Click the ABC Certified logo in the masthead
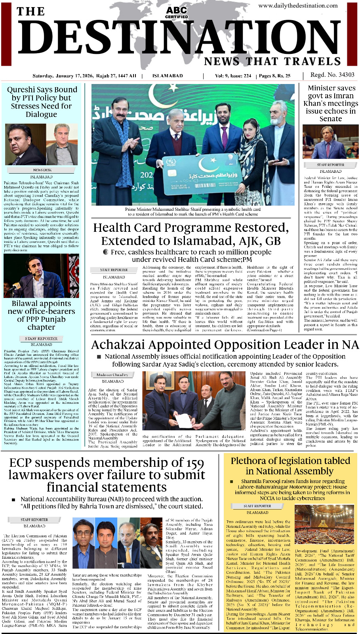coord(177,12)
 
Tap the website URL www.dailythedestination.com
coord(298,6)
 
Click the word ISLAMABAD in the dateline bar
coord(168,76)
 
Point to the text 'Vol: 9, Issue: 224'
coord(233,76)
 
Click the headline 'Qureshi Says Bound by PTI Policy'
coord(42,102)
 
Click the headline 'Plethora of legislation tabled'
coord(290,466)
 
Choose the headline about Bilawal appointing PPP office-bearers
coord(41,315)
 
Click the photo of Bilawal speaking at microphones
coord(41,276)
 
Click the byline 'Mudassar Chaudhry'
coord(112,374)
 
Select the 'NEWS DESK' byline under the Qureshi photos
coord(42,170)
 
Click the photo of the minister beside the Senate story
coord(330,141)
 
